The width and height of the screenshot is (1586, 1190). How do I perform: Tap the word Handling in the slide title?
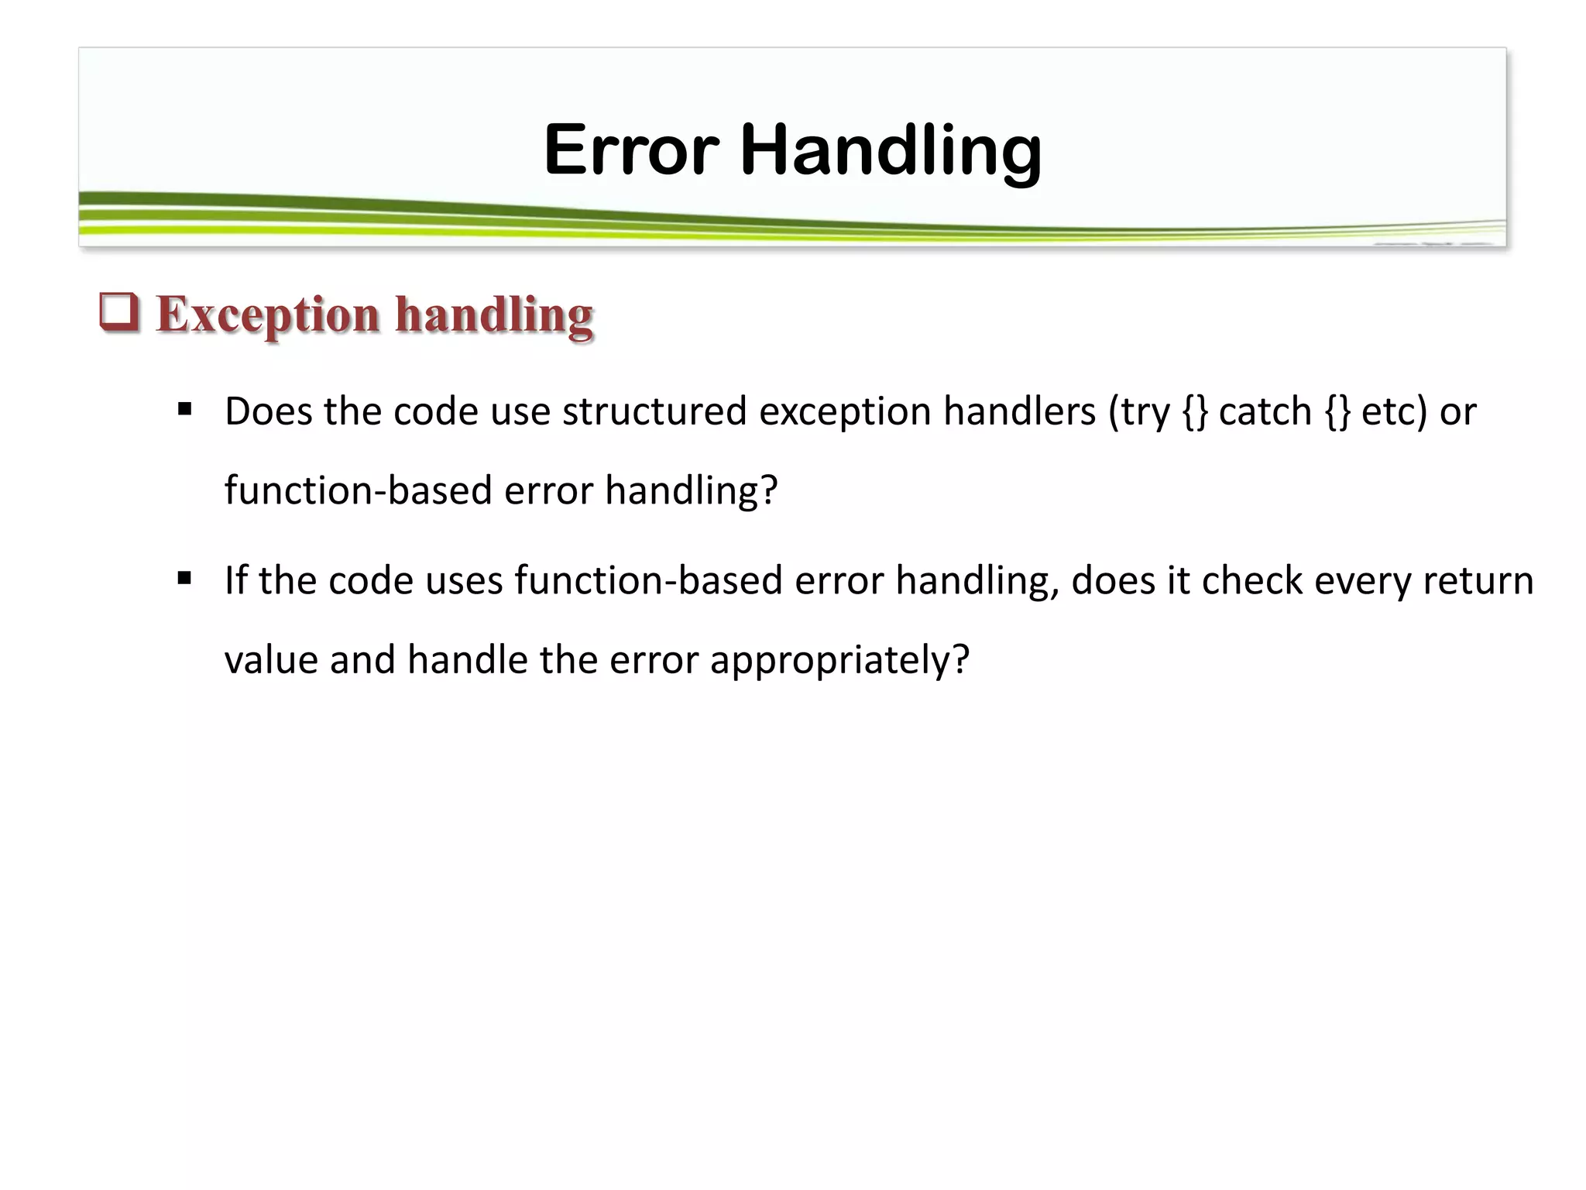(x=891, y=151)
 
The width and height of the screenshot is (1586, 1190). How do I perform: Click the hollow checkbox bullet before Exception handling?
(x=119, y=312)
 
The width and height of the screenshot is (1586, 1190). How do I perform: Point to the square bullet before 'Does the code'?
(x=184, y=408)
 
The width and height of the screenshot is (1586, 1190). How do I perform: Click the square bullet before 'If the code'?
(x=184, y=578)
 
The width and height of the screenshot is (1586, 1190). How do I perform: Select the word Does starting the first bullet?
(x=267, y=411)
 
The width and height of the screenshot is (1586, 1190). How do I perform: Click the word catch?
(x=1265, y=411)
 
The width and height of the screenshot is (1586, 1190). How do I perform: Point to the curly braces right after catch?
(x=1337, y=411)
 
